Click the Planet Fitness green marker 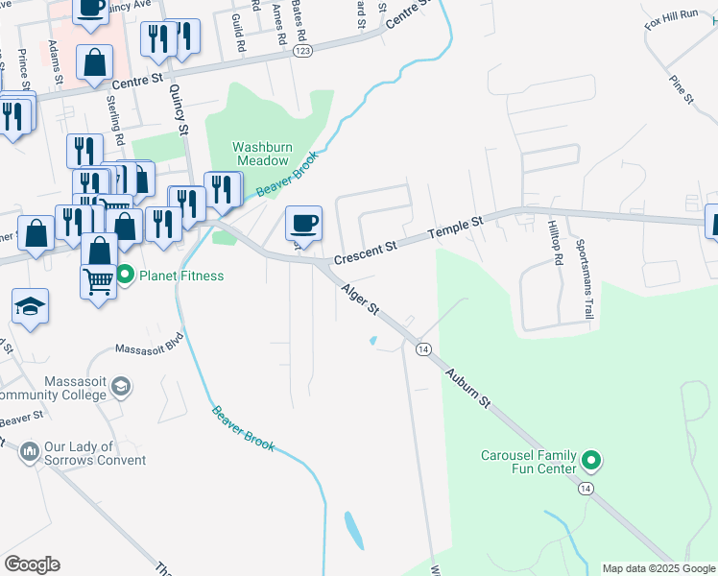[x=126, y=276]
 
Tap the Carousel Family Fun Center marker [x=592, y=462]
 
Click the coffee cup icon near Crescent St [x=304, y=224]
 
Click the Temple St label [x=455, y=227]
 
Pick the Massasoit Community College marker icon [x=121, y=386]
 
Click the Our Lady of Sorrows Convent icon [x=29, y=450]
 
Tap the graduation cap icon [x=30, y=306]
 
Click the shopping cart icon [x=99, y=282]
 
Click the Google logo [x=32, y=564]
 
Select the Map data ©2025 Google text [x=658, y=568]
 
